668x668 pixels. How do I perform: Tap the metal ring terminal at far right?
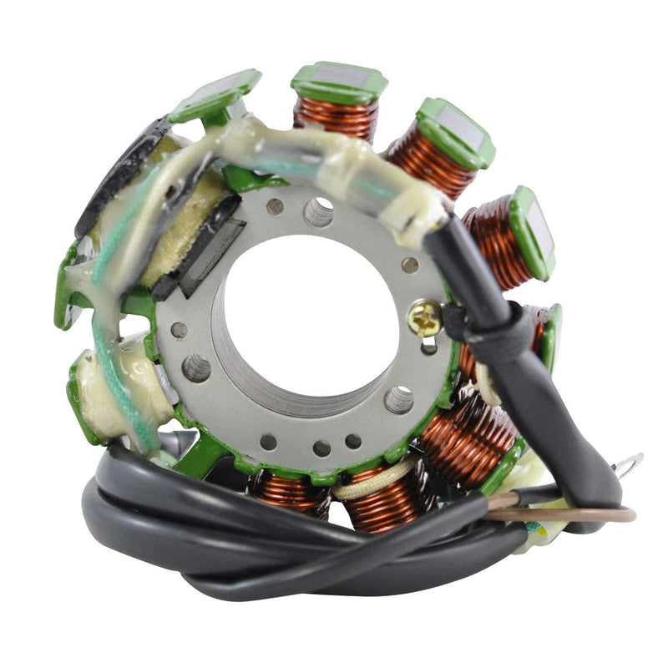click(x=630, y=462)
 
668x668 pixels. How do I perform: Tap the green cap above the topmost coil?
click(x=340, y=82)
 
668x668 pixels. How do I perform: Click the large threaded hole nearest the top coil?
click(x=318, y=211)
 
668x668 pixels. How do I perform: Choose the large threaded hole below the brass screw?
click(x=399, y=400)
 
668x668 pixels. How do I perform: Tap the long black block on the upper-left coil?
click(x=117, y=175)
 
